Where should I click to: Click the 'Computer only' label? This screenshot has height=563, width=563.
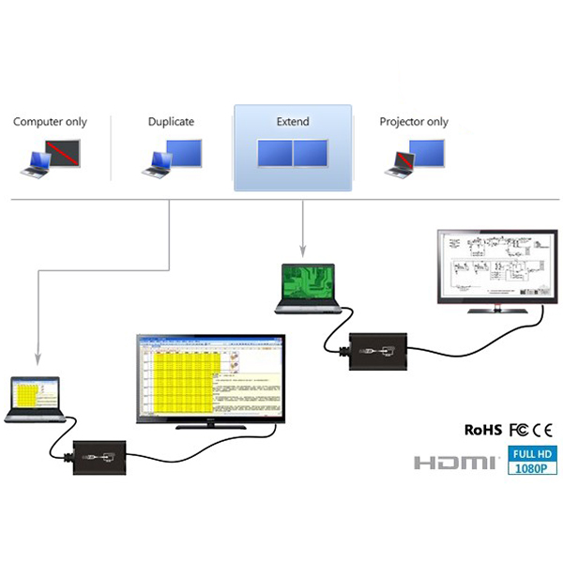(x=50, y=122)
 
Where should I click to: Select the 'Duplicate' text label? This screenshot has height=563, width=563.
(x=171, y=122)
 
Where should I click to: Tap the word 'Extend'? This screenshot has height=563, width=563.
(x=292, y=122)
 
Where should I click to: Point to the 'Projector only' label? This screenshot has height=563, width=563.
(x=414, y=122)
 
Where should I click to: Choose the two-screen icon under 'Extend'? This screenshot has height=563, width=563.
(x=293, y=153)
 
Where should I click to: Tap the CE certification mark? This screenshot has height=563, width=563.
(x=544, y=430)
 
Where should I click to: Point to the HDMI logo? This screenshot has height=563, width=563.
(x=456, y=462)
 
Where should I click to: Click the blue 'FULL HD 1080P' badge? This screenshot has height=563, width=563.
(x=532, y=461)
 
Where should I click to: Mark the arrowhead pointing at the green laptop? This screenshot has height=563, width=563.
(x=302, y=251)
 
